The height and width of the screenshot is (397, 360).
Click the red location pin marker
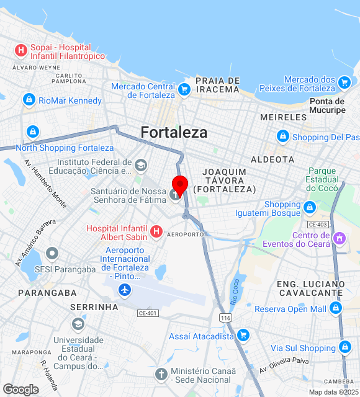179,185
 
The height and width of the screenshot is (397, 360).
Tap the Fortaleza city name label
174,132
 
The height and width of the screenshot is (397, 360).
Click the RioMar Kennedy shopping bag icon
28,100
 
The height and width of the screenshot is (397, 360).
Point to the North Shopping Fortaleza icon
32,132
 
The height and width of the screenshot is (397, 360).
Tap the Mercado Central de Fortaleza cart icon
184,90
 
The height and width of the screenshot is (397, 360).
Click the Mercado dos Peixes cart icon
344,82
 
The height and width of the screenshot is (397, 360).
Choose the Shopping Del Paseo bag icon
283,136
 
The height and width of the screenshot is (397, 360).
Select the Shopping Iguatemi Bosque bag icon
309,207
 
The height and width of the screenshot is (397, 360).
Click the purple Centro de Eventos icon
339,238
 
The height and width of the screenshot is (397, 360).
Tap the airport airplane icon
125,290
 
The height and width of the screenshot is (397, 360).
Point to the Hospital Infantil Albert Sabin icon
156,232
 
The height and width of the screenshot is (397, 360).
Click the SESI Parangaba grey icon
52,254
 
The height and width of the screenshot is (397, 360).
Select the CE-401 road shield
148,313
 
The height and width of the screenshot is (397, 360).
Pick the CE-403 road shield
317,224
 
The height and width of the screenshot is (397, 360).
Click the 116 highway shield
225,318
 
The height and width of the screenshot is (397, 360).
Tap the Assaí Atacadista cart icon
244,336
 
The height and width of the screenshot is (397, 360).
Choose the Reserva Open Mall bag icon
336,308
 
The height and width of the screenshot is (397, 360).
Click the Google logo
20,390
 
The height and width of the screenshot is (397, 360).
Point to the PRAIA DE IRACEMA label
217,85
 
